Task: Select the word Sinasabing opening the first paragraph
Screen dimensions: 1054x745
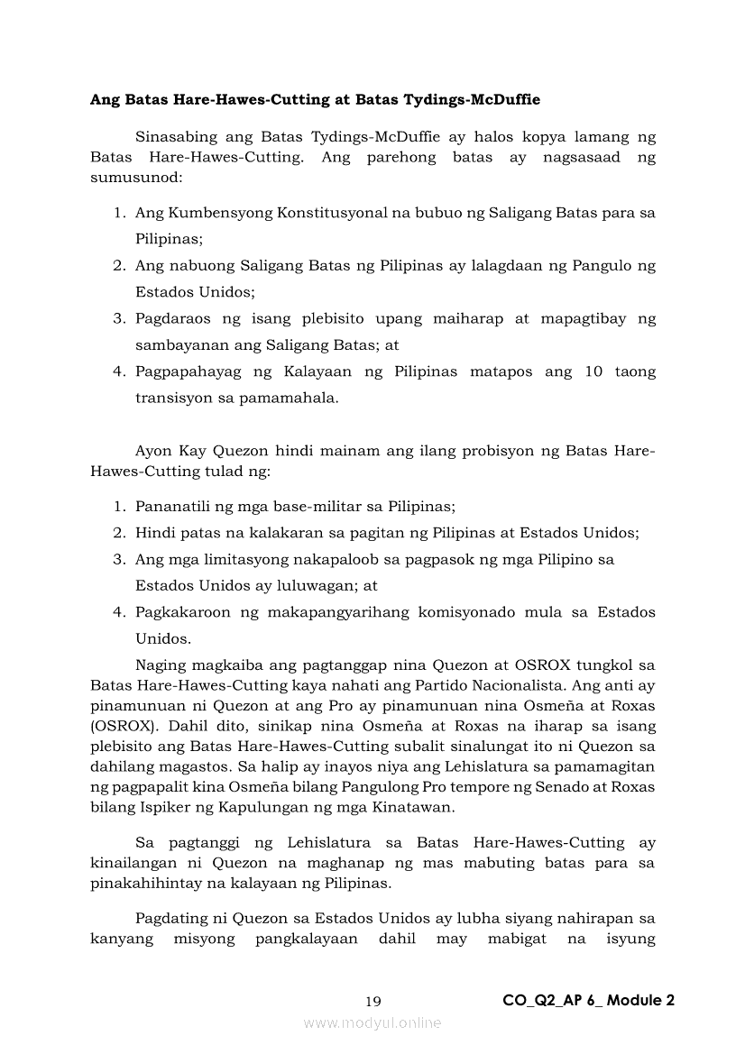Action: click(x=179, y=137)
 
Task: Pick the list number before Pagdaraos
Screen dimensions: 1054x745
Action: click(x=119, y=318)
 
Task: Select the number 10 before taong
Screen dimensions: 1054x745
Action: click(x=593, y=371)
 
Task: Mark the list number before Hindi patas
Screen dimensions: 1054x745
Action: click(x=119, y=533)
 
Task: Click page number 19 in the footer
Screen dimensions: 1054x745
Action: click(x=373, y=1001)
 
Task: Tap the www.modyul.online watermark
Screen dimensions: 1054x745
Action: click(x=372, y=1022)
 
